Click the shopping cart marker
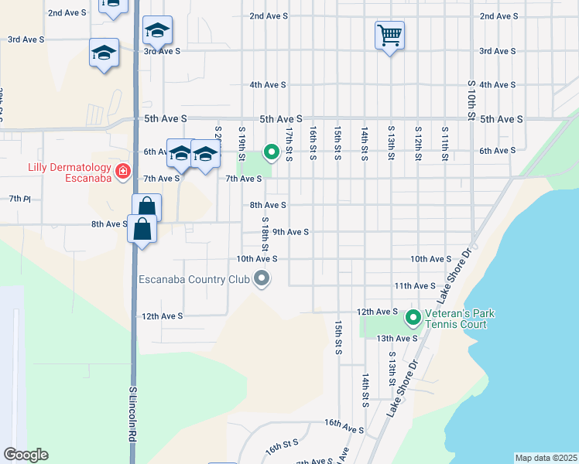pos(389,34)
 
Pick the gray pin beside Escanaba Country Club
pos(262,279)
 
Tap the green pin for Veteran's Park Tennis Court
pos(413,317)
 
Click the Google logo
pos(26,455)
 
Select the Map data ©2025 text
pos(545,458)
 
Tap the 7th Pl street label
pos(19,199)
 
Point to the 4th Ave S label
pos(268,84)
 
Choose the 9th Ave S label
pos(290,231)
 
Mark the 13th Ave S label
pos(396,338)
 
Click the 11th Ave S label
pos(413,285)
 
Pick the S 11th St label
pos(444,143)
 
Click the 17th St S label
pos(288,145)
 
